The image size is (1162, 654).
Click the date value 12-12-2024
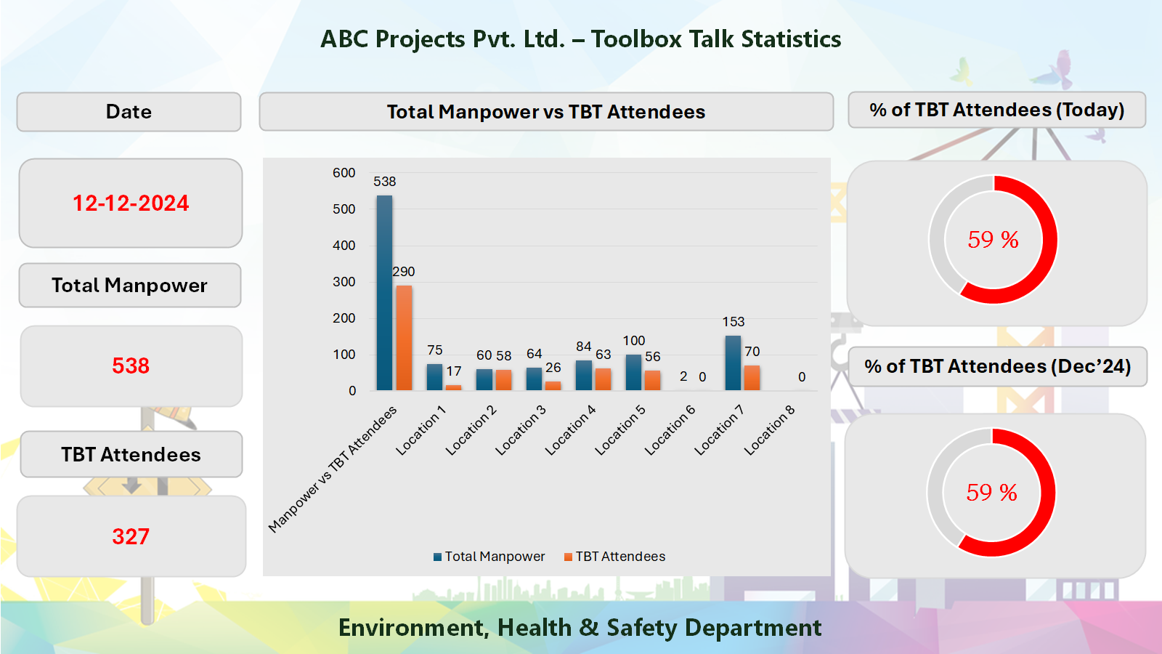[x=131, y=203]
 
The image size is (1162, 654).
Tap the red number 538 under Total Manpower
[x=131, y=366]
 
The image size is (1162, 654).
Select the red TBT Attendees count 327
[x=131, y=536]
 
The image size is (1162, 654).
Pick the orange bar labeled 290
[x=404, y=338]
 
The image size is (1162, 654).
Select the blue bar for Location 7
[x=733, y=363]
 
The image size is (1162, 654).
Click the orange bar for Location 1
[x=453, y=387]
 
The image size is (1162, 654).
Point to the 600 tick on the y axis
[x=344, y=173]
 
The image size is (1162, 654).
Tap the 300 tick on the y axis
[x=344, y=282]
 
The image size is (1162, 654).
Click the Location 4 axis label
[x=571, y=430]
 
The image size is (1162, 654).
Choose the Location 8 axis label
[x=770, y=430]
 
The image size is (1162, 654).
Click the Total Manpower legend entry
[x=489, y=557]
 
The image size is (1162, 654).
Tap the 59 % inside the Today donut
[x=993, y=240]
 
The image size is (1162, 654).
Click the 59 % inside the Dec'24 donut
[x=991, y=493]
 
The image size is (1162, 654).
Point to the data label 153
[x=733, y=322]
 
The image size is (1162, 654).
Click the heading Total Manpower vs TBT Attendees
[x=545, y=112]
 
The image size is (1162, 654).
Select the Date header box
[x=129, y=112]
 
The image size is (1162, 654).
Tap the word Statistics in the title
[x=789, y=39]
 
